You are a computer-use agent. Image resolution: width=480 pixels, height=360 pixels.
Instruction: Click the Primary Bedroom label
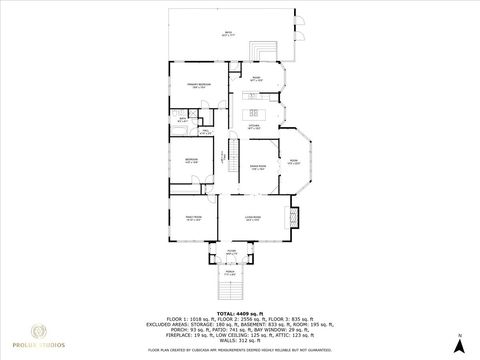[x=184, y=87]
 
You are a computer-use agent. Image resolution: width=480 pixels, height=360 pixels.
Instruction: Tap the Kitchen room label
[x=256, y=127]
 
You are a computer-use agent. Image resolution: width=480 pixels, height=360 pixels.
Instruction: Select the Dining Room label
[x=257, y=168]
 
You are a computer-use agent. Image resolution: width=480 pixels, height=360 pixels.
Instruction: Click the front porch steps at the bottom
[x=231, y=291]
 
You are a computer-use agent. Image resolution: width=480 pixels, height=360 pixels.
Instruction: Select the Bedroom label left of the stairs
[x=185, y=160]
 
